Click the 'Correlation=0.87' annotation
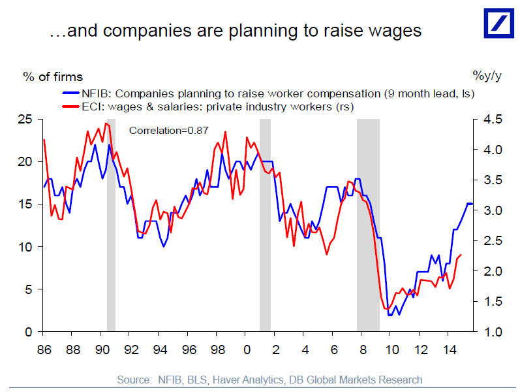tap(168, 130)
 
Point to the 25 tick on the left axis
tap(27, 120)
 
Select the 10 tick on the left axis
tap(27, 247)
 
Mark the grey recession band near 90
tap(111, 229)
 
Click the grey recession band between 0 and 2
tap(265, 229)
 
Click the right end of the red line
tap(461, 255)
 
